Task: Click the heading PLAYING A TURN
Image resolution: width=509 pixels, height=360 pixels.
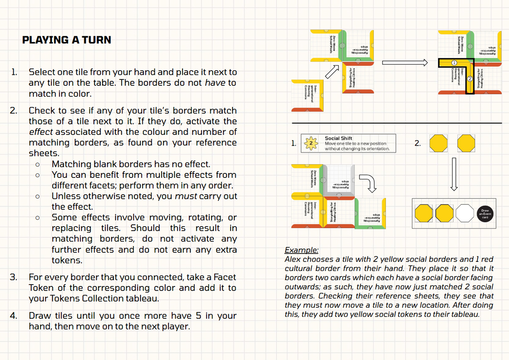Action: [x=67, y=40]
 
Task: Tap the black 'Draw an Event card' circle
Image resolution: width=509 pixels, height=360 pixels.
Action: [x=485, y=213]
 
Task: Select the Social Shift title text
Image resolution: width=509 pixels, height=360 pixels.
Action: [x=338, y=138]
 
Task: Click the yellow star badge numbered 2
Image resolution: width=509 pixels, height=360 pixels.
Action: [x=311, y=143]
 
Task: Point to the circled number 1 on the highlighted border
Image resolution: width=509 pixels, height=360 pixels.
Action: [x=454, y=62]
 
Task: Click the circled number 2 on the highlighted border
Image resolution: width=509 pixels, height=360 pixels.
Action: [x=470, y=79]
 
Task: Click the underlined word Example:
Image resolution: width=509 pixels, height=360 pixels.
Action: [x=301, y=250]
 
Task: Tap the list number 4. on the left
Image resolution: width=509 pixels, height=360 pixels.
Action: [x=14, y=316]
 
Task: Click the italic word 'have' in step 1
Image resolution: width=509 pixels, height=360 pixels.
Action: [x=215, y=83]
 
